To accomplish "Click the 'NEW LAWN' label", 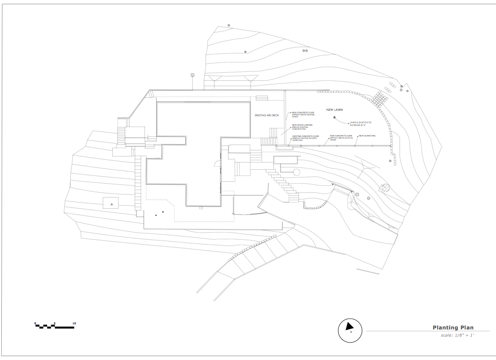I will point(335,110).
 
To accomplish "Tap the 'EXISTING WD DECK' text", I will point(267,115).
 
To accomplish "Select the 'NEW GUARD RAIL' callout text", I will point(367,136).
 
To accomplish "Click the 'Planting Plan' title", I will point(453,328).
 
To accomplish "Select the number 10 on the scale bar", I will point(74,323).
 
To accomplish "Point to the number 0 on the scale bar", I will point(35,323).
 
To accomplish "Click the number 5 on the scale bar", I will point(55,323).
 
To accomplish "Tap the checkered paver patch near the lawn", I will point(379,99).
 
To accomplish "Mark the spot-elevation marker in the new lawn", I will point(335,118).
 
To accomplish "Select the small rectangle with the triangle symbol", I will point(111,203).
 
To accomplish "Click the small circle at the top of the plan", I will point(228,26).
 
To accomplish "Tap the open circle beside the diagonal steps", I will point(296,172).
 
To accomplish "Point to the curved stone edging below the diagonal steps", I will point(317,206).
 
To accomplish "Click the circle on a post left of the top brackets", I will point(193,75).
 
